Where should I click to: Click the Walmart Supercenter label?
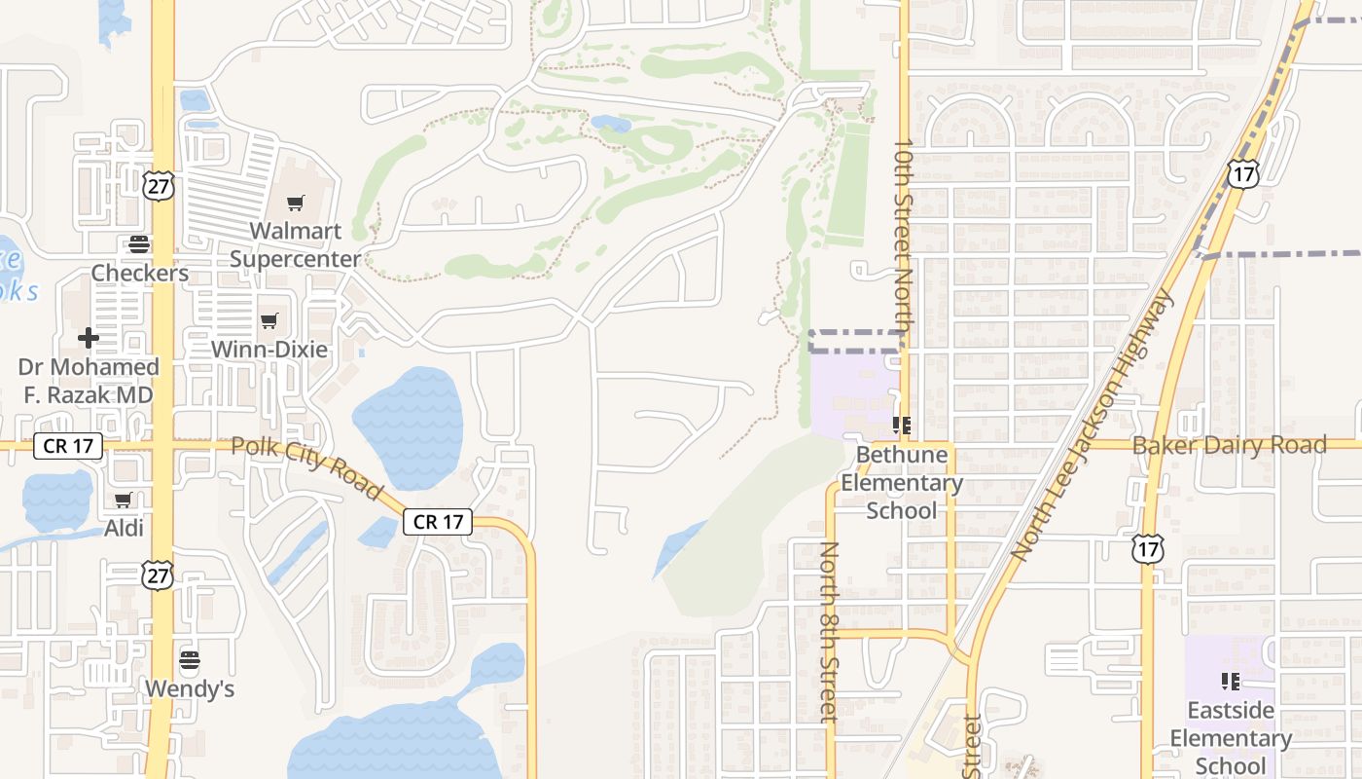(x=295, y=245)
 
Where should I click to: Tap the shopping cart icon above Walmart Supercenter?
(x=295, y=204)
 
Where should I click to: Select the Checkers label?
(x=140, y=274)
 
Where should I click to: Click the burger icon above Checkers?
(x=139, y=243)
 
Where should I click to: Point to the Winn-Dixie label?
(x=269, y=350)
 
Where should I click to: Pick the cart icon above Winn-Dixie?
(x=269, y=320)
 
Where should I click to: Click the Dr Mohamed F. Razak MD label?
(x=89, y=381)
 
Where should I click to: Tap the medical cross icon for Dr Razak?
(x=89, y=338)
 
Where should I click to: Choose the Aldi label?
(x=124, y=529)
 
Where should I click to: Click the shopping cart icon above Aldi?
(x=124, y=500)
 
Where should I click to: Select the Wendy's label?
(x=190, y=689)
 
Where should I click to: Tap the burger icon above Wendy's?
(x=190, y=660)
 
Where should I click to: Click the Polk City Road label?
(x=307, y=467)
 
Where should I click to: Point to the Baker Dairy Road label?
(x=1229, y=445)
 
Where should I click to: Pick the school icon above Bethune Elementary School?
(x=901, y=425)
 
